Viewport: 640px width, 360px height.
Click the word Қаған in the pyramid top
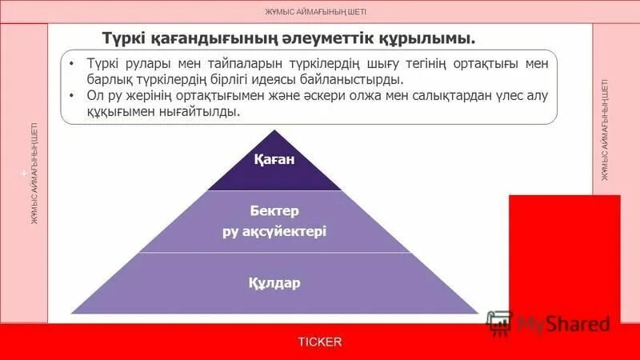tap(274, 160)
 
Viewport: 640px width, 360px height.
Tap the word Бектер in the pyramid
tap(274, 211)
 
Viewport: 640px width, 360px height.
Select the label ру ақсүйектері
tap(274, 231)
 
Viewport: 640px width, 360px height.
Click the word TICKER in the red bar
tap(320, 342)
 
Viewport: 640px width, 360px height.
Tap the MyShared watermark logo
tap(549, 323)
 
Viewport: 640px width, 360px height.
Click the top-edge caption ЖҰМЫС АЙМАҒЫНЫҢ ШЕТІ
tap(320, 11)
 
